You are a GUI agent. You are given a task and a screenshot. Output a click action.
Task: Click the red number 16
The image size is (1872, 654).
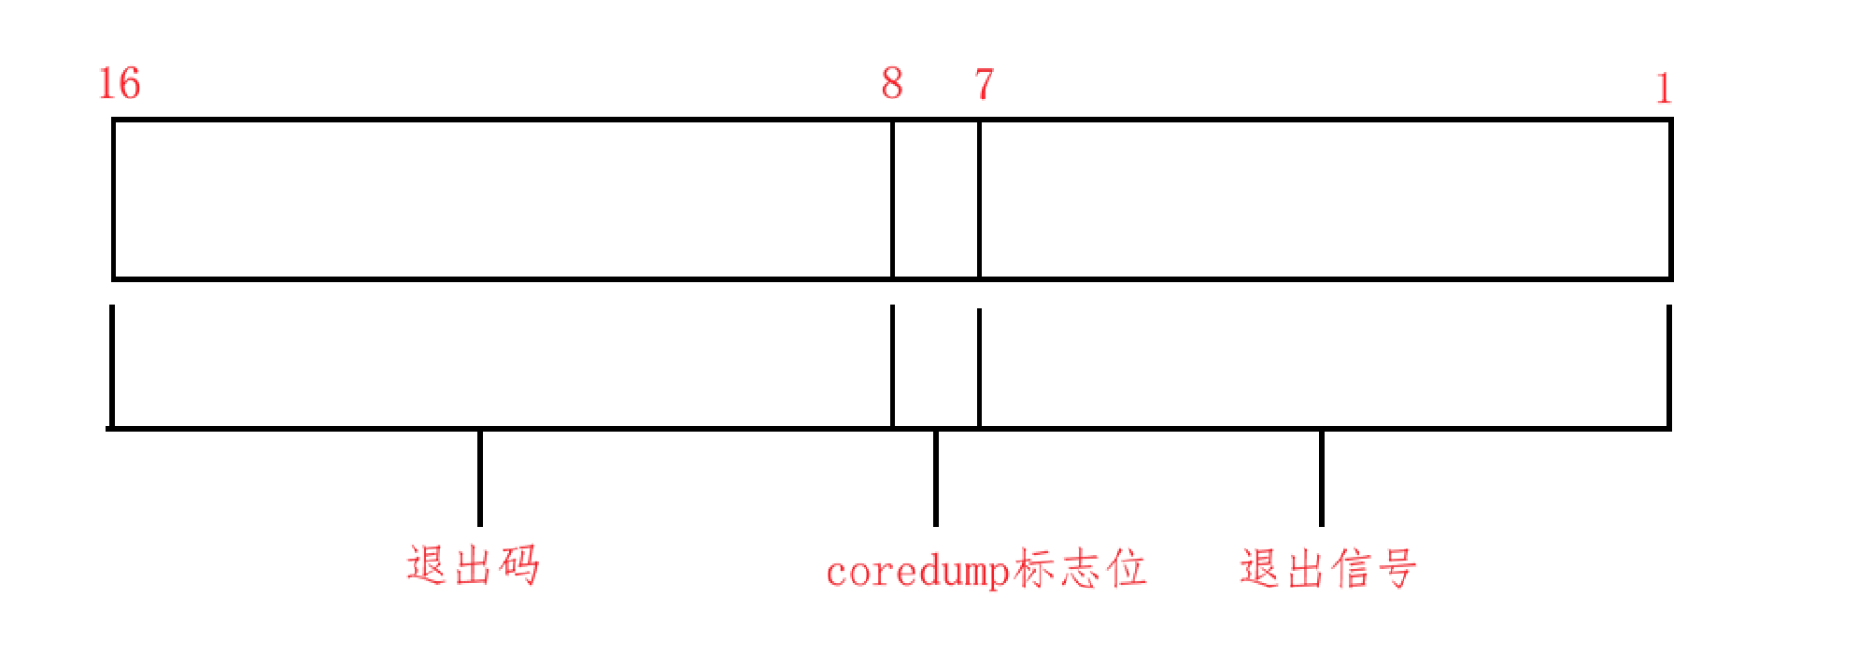(120, 84)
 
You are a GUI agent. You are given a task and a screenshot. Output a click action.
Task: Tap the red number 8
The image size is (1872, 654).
(892, 84)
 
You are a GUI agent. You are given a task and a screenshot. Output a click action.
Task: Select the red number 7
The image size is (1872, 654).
(984, 84)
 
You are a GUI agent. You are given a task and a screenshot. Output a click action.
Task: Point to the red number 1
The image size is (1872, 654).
(1663, 90)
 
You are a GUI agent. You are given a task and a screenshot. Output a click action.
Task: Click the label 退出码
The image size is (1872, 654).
(473, 566)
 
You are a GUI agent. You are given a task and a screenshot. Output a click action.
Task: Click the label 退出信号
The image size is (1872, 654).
(1327, 568)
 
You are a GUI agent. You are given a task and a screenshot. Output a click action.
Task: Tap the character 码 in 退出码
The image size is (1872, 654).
(518, 566)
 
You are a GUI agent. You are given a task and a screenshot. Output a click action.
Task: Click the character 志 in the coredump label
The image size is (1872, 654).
(1081, 569)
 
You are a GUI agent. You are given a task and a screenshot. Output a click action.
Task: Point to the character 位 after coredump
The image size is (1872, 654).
(1127, 569)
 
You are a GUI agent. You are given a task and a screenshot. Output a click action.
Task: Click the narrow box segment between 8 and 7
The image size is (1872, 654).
(936, 199)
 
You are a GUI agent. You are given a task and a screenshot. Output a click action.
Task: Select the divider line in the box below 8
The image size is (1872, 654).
(893, 199)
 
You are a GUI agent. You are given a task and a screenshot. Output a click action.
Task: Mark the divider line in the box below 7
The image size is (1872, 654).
(979, 199)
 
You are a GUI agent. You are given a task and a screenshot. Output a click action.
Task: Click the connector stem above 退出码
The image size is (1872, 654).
(480, 477)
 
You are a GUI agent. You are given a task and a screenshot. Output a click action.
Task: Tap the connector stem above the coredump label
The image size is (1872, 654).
(936, 477)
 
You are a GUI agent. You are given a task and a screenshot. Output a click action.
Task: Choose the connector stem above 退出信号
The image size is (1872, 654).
(1322, 477)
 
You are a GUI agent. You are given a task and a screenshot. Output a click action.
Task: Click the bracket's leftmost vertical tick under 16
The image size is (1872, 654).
(112, 365)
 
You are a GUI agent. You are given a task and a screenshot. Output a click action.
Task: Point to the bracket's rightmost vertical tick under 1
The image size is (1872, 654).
(1669, 365)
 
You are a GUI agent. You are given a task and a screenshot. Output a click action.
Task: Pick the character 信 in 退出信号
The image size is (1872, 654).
(1350, 568)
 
